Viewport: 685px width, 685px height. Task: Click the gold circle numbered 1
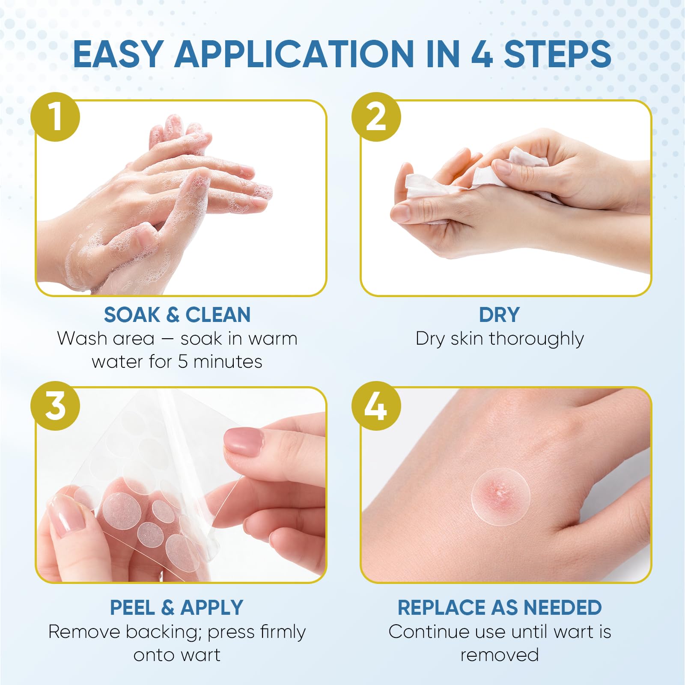55,117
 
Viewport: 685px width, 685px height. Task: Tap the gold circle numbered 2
376,117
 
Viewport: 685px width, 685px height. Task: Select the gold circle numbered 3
55,406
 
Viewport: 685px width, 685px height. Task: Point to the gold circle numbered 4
376,406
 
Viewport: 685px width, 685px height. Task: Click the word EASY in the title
118,54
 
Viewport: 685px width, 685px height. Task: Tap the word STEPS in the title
557,54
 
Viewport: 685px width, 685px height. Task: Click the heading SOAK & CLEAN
177,315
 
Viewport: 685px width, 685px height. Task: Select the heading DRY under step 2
499,315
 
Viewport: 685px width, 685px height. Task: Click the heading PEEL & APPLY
176,608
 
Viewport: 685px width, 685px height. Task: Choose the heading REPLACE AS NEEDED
500,608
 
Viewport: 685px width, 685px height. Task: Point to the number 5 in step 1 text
183,362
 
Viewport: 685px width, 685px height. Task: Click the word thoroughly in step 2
536,339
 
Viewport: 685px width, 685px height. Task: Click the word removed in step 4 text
500,655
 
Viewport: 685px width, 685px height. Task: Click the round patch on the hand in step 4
501,497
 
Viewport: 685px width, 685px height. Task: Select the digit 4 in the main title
482,54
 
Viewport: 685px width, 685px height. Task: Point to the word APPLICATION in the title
295,54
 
